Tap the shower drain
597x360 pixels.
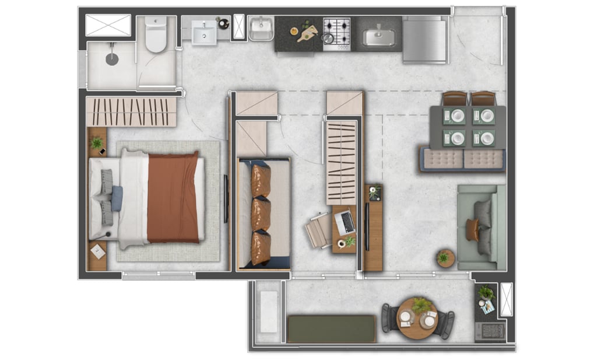[x=111, y=59]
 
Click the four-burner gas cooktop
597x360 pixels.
[x=337, y=30]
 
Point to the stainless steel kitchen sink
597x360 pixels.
[x=378, y=37]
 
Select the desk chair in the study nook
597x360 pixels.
[x=319, y=230]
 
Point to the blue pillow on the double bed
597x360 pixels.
[x=117, y=198]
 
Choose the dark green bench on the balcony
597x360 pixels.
[x=332, y=329]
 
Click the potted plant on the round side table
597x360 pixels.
[x=444, y=257]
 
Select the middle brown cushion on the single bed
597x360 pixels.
[x=261, y=214]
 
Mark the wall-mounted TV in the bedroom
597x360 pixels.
[x=226, y=198]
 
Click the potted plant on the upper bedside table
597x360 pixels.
[x=97, y=142]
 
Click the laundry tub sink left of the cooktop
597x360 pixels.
[x=261, y=29]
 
